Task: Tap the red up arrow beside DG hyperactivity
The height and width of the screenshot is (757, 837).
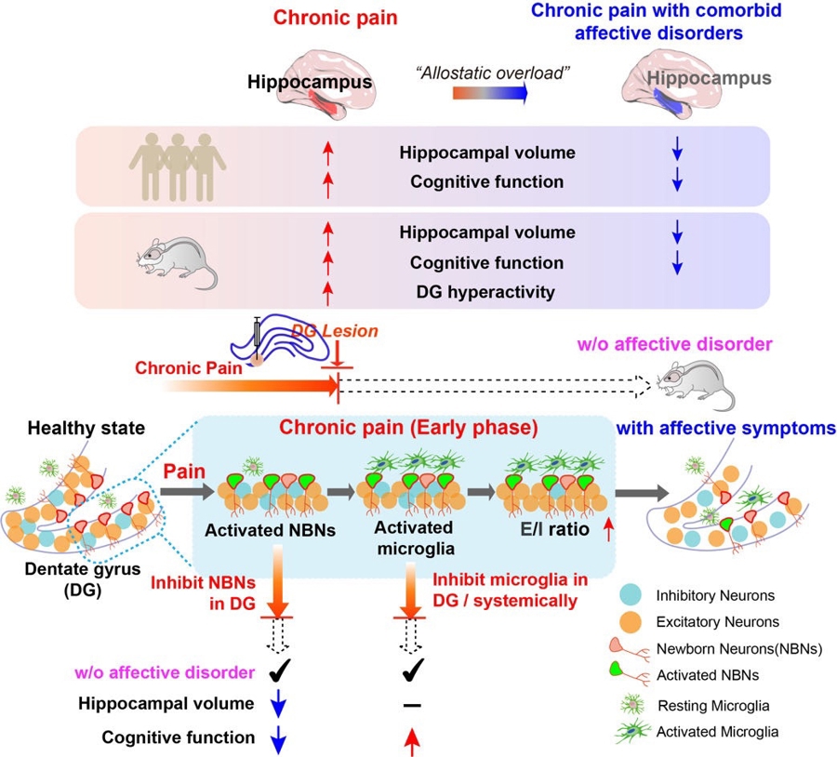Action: (x=327, y=292)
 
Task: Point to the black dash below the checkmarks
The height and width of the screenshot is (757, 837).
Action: (x=407, y=706)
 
